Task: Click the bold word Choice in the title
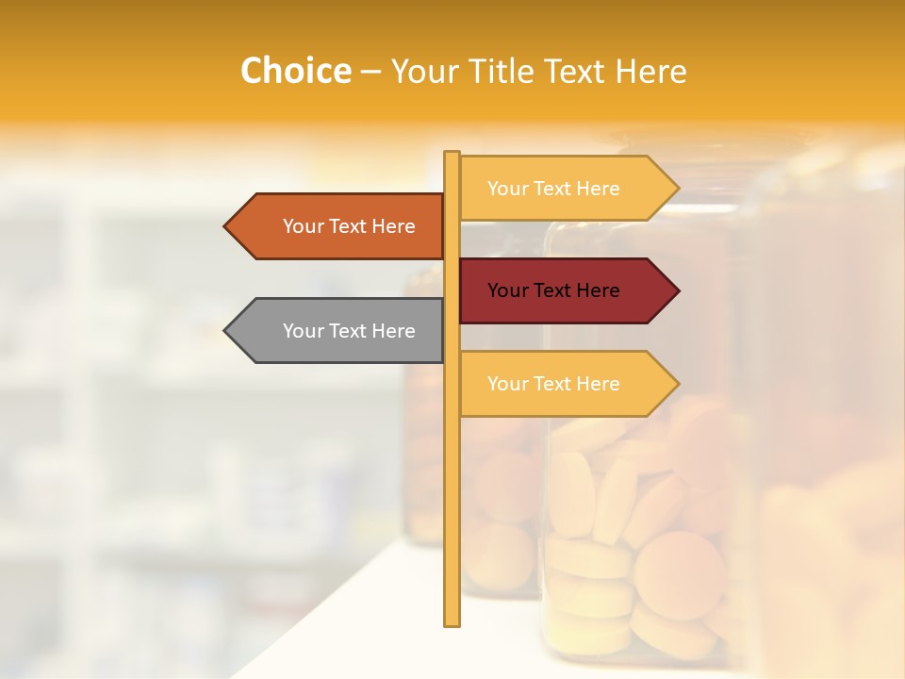coord(295,72)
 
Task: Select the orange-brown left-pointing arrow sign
coord(339,226)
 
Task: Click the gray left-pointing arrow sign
coord(339,331)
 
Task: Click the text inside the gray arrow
coord(349,331)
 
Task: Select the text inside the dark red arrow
coord(553,290)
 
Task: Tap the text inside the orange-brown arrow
coord(349,226)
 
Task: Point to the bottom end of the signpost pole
coord(452,622)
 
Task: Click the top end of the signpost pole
coord(452,155)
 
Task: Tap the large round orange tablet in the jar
coord(680,574)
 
